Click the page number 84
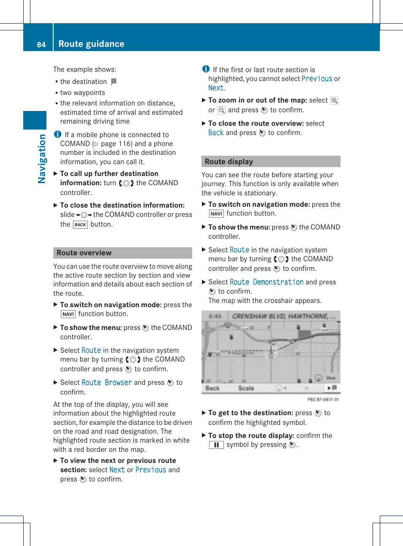[41, 44]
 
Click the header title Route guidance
[91, 44]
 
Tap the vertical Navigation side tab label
[42, 159]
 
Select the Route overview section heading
[84, 253]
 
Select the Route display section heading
[229, 162]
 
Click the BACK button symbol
[80, 224]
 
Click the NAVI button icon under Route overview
[68, 314]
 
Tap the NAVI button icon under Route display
[216, 214]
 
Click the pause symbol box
[216, 445]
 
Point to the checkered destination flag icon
[114, 81]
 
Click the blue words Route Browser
[106, 382]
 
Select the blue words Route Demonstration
[267, 282]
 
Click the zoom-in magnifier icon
[334, 100]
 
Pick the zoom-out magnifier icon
[221, 110]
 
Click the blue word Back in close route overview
[216, 132]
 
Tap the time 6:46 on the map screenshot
[215, 316]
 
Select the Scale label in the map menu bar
[246, 388]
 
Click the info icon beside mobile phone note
[58, 134]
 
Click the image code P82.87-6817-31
[323, 399]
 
